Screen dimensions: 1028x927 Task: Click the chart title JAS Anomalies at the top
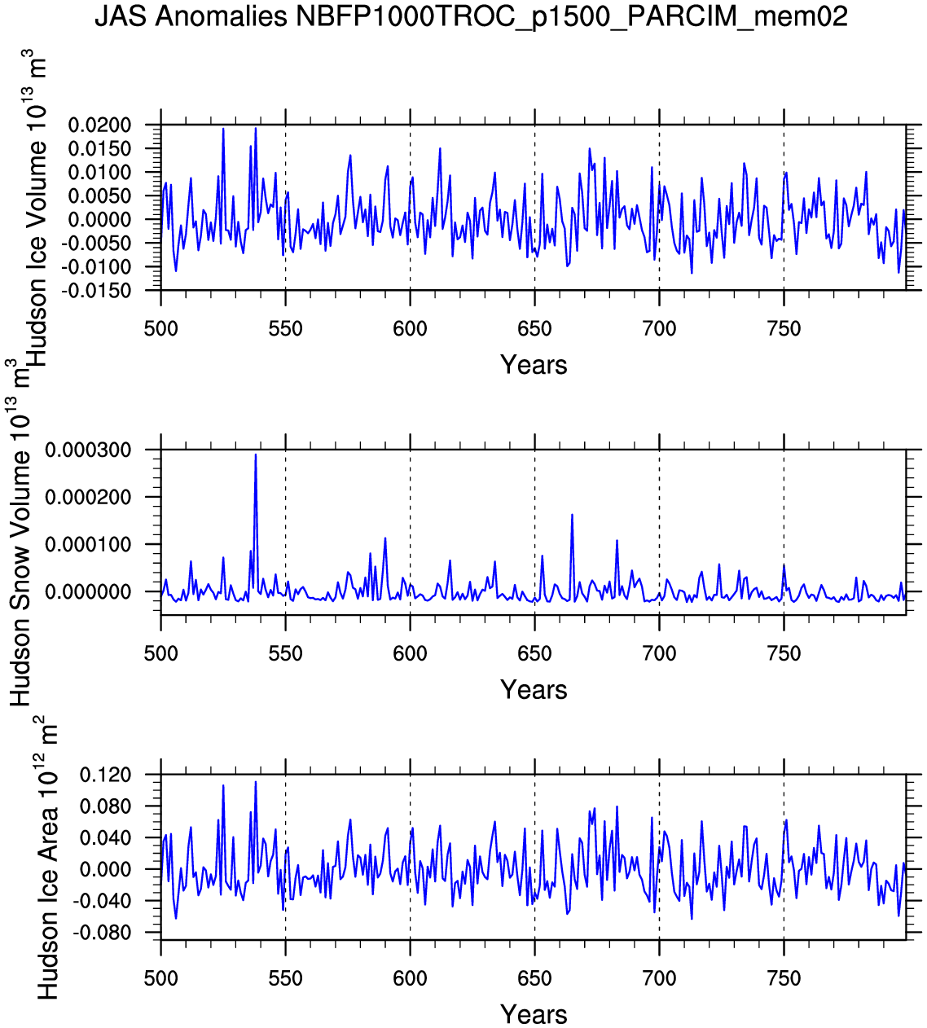tap(471, 15)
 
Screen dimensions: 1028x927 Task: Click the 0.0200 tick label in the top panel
tap(99, 125)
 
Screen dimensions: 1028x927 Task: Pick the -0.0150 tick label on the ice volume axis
tap(99, 291)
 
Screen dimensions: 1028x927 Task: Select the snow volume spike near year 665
tap(572, 515)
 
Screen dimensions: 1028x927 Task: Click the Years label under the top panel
tap(534, 365)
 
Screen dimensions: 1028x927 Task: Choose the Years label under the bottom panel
tap(534, 1015)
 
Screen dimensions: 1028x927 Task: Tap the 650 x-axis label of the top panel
tap(534, 330)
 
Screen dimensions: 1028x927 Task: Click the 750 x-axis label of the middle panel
tap(784, 654)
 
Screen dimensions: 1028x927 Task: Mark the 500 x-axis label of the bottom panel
tap(160, 979)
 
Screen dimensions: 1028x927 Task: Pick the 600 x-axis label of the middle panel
tap(410, 654)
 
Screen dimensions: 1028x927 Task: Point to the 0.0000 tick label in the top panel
tap(99, 220)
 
